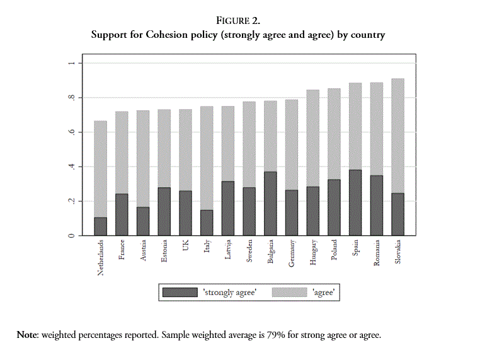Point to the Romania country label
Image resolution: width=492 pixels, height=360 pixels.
pos(376,253)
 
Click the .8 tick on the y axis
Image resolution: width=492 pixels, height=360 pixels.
pos(71,98)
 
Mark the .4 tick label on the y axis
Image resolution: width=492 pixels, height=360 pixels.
pos(71,166)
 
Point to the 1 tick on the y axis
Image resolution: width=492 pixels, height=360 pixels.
pos(71,63)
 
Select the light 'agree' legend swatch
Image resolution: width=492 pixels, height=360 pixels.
pos(289,293)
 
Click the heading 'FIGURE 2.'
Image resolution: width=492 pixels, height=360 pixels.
pos(246,21)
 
